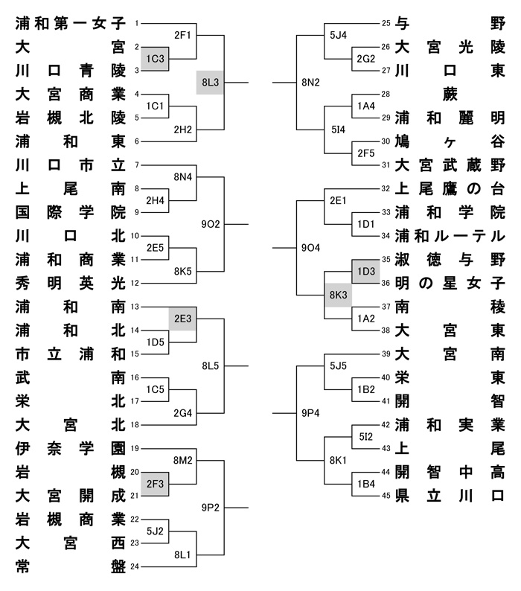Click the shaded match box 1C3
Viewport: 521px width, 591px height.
[156, 58]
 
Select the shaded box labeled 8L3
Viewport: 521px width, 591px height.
[211, 82]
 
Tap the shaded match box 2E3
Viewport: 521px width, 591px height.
[182, 318]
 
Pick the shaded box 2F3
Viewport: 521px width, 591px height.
[156, 484]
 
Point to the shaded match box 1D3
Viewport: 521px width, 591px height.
[365, 271]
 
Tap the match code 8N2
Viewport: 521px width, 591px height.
[310, 82]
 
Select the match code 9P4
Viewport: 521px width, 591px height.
[310, 412]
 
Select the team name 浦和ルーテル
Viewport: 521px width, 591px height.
[450, 236]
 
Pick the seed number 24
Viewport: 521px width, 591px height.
[135, 567]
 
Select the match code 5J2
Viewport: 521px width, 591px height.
[156, 531]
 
